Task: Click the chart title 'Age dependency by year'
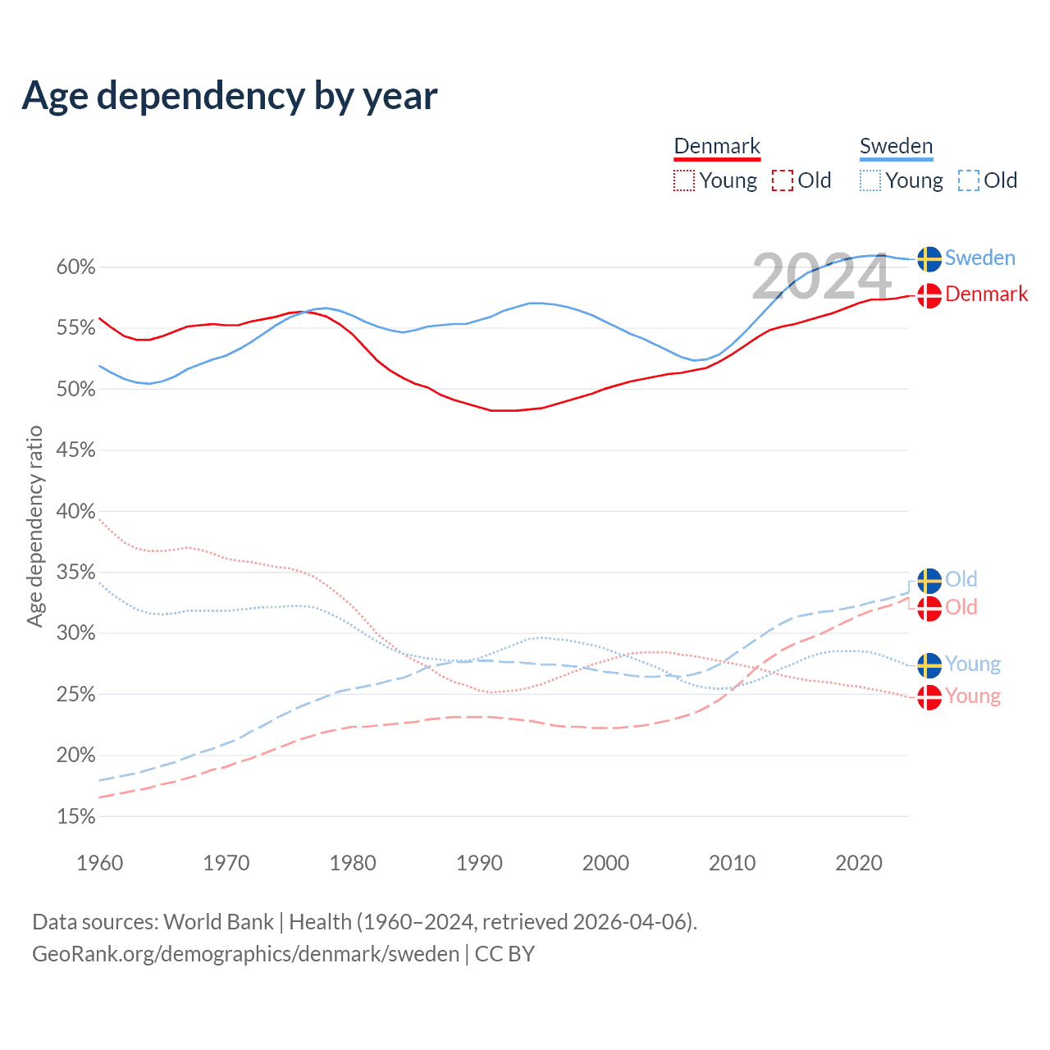point(230,96)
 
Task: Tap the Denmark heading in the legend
point(717,146)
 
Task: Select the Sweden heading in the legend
point(896,146)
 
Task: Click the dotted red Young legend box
point(683,180)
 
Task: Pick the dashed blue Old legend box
point(968,180)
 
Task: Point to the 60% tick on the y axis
point(76,267)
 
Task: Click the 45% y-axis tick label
point(76,450)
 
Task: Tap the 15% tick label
point(76,817)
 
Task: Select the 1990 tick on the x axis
point(479,863)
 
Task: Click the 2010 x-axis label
point(732,863)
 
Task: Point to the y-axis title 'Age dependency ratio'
point(34,526)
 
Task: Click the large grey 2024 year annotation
point(821,277)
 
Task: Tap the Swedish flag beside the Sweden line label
point(929,258)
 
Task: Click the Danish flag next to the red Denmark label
point(929,294)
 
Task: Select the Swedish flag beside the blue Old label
point(929,580)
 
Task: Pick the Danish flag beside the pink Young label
point(929,697)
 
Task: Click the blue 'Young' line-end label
point(972,664)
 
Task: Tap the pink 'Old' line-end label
point(961,607)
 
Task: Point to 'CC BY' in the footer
point(504,954)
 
